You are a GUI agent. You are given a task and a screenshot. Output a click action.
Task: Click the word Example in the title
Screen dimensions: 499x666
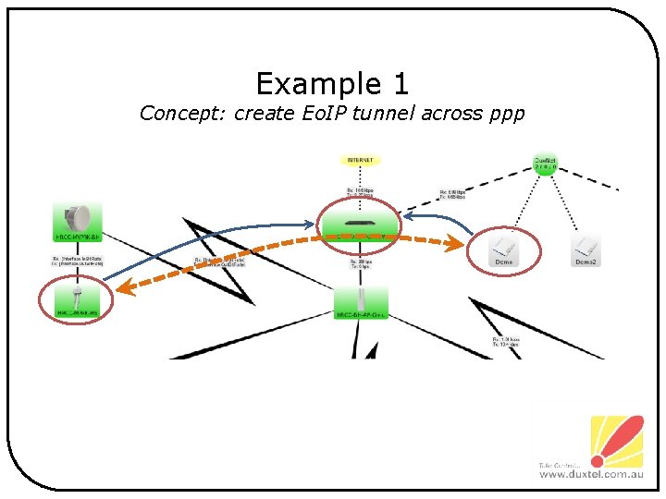coord(305,85)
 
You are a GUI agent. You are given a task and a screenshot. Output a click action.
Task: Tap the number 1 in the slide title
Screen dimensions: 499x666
coord(399,85)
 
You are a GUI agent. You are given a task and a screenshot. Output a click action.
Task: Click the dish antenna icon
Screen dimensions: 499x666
coord(82,218)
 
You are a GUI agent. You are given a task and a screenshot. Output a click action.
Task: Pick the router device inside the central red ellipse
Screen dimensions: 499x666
coord(359,225)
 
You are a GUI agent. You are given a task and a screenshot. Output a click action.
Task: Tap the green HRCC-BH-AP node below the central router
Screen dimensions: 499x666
coord(361,302)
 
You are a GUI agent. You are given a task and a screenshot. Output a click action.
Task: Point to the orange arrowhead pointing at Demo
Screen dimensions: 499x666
coord(456,244)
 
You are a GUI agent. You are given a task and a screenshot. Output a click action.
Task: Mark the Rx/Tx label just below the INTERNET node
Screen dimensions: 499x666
coord(361,193)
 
